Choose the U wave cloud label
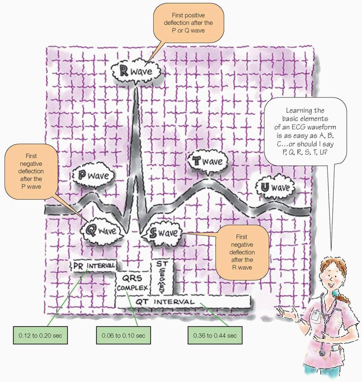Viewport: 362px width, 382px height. pos(274,187)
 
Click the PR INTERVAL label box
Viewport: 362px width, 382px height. pos(94,266)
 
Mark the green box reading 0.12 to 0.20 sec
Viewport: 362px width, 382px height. pos(36,335)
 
